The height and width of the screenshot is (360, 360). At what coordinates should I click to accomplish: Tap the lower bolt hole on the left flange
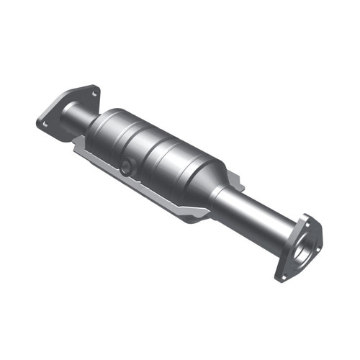(45, 123)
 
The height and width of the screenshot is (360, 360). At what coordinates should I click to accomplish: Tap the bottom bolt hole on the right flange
(283, 274)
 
